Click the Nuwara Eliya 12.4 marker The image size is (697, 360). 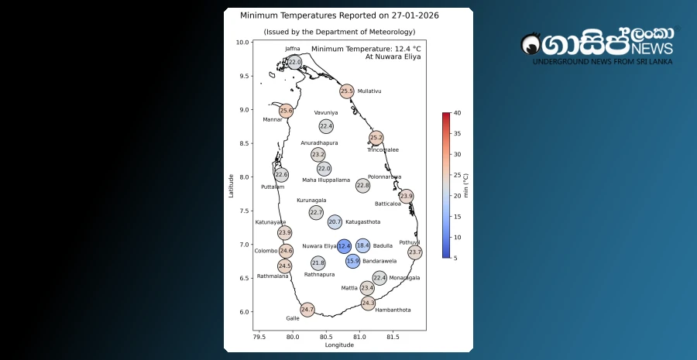click(345, 246)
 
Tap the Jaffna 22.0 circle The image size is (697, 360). click(294, 62)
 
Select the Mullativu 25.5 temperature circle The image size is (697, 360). click(347, 91)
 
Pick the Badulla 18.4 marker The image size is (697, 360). click(362, 246)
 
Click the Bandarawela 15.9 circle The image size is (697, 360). click(353, 262)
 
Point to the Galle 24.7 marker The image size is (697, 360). click(307, 310)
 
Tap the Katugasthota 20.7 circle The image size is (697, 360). click(335, 222)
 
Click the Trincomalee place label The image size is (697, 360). click(383, 150)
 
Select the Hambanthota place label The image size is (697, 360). click(393, 310)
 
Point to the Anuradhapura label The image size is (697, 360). click(319, 143)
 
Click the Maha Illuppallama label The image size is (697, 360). click(326, 180)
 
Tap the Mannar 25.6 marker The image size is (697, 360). click(287, 111)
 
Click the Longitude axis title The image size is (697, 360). click(339, 345)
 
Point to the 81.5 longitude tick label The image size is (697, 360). click(393, 338)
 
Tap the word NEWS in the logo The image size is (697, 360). click(653, 49)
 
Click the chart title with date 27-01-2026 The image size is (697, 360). click(339, 15)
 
